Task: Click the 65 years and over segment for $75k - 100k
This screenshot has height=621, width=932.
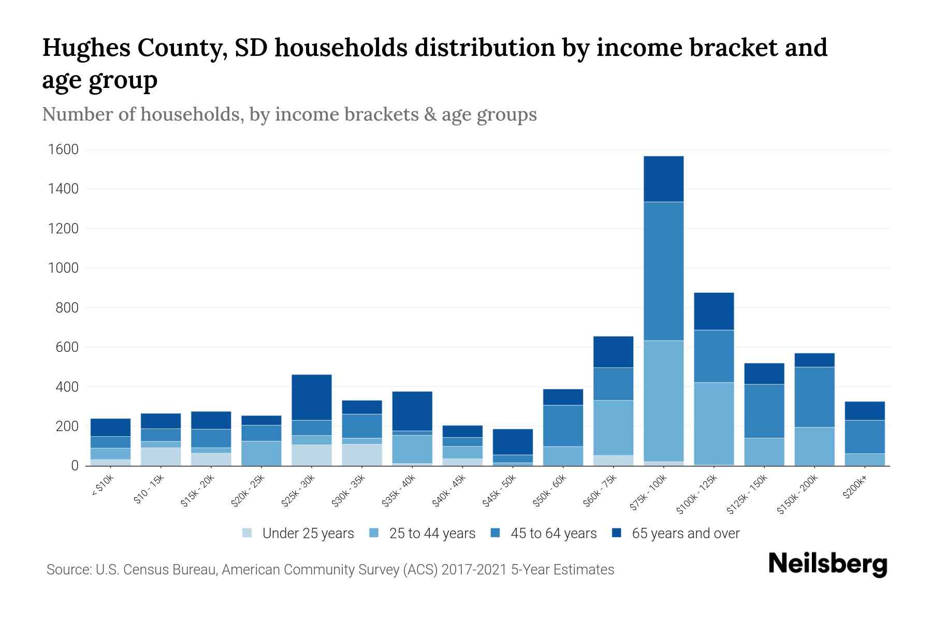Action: (x=663, y=179)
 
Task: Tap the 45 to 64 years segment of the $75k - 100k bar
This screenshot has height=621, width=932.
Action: (x=663, y=271)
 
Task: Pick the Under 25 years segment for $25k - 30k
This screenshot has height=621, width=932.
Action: (x=312, y=455)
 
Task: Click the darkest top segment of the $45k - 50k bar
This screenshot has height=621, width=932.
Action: (x=513, y=441)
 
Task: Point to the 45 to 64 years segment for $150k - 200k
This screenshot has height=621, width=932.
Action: (x=814, y=397)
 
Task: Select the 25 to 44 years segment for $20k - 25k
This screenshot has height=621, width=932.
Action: (x=261, y=453)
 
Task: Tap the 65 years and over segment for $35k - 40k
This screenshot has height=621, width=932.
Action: (x=412, y=411)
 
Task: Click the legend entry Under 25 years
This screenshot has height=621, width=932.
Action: (x=308, y=534)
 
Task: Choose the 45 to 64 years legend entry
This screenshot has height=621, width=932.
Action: (x=553, y=534)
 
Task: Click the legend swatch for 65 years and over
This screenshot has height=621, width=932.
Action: (x=617, y=533)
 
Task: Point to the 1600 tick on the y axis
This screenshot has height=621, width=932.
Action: (x=63, y=150)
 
